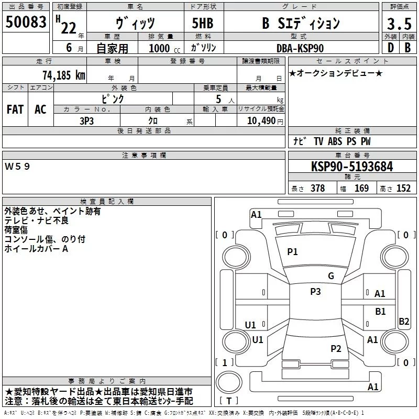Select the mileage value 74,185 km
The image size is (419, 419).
[63, 75]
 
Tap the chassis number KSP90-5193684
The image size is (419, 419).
[352, 167]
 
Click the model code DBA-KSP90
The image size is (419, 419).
[300, 48]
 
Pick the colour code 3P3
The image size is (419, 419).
[87, 120]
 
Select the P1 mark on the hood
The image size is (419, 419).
[292, 252]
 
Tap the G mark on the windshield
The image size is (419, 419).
[331, 276]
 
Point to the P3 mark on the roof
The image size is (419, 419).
[315, 292]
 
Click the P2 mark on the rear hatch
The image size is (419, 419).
[336, 349]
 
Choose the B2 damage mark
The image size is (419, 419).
[404, 322]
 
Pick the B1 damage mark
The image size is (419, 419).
[380, 312]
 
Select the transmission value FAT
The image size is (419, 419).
[15, 109]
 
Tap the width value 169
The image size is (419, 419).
[361, 189]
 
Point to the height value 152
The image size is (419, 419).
[403, 189]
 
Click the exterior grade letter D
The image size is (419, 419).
[390, 48]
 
